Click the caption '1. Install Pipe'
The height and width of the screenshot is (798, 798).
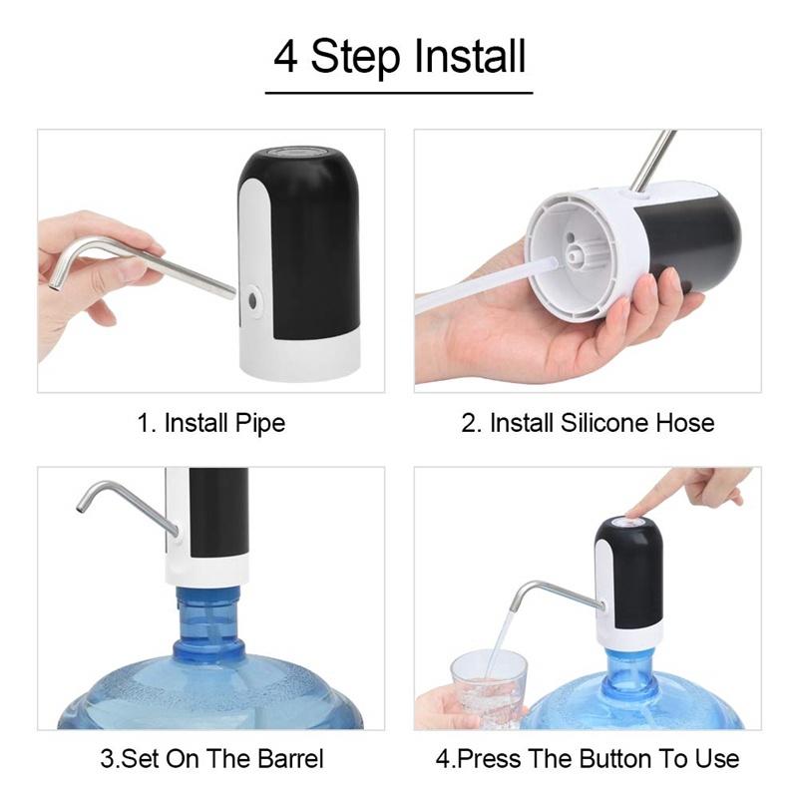tap(210, 423)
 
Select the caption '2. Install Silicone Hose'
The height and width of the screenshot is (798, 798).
tap(588, 423)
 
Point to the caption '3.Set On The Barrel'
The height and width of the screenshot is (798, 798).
tap(210, 758)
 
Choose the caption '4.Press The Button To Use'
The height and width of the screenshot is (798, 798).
tap(588, 758)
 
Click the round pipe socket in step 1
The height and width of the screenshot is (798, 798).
tap(253, 296)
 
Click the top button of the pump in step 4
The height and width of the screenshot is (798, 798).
tap(629, 521)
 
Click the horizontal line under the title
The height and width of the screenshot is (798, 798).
tap(399, 93)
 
